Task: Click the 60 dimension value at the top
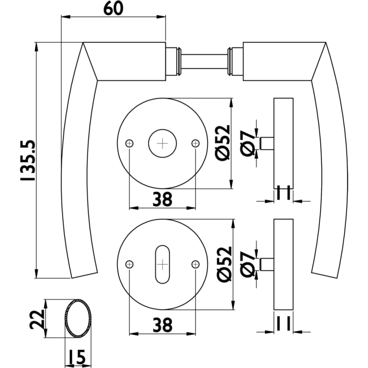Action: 113,9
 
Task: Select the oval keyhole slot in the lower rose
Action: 162,264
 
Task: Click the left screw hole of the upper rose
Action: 129,143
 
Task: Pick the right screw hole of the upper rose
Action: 195,143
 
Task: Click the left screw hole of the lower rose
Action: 129,264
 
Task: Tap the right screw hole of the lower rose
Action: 195,264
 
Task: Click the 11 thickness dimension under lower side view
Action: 283,324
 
